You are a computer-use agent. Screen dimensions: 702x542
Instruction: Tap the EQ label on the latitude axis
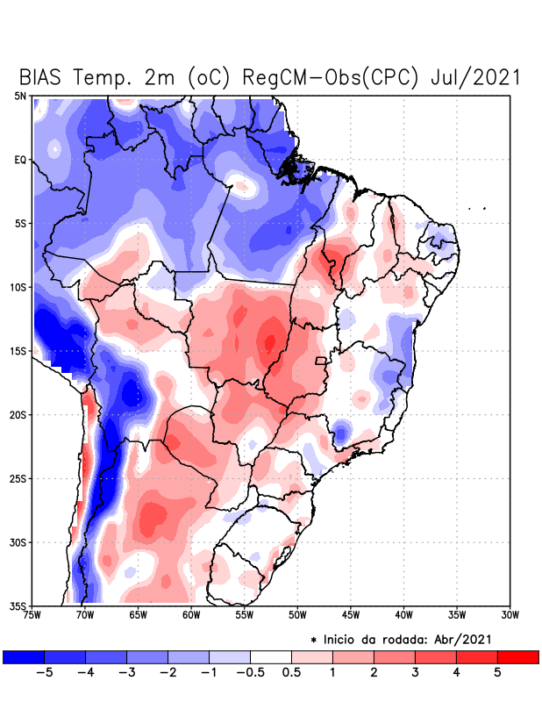(x=20, y=160)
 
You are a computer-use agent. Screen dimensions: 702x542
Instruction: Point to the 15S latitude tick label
(x=19, y=351)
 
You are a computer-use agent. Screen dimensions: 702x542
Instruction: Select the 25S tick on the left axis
(x=19, y=478)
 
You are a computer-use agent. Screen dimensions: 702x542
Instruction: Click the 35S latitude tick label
(x=19, y=605)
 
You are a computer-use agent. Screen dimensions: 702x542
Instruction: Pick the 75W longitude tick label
(x=32, y=615)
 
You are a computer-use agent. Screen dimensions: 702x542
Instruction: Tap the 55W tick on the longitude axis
(x=244, y=615)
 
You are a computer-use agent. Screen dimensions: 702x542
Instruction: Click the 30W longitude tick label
(x=510, y=615)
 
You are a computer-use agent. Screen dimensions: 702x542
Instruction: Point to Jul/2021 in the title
(x=476, y=77)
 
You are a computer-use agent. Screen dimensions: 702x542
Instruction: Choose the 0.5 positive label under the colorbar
(x=292, y=673)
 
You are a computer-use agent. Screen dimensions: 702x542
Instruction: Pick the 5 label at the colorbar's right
(x=497, y=673)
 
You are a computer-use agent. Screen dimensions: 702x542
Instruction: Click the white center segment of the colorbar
(x=271, y=656)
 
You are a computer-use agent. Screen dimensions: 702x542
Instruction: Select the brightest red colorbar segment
(x=517, y=656)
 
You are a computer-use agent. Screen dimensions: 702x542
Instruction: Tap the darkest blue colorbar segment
(x=24, y=656)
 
